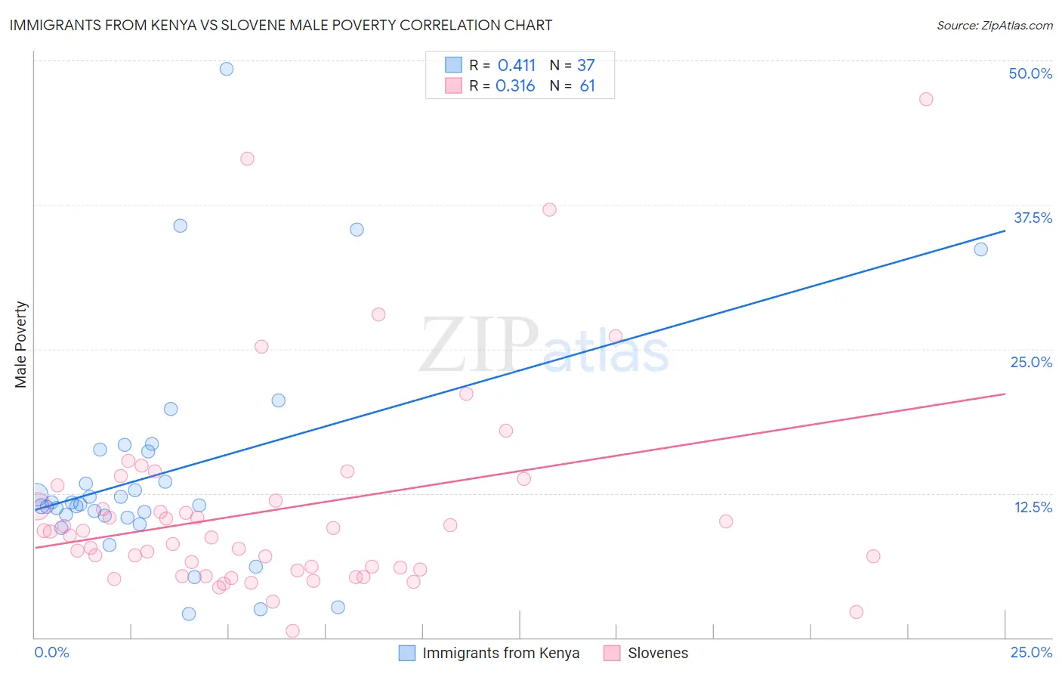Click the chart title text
pyautogui.click(x=280, y=25)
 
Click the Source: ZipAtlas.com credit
pyautogui.click(x=994, y=25)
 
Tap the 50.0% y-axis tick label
pyautogui.click(x=1030, y=73)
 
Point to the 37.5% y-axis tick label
pyautogui.click(x=1033, y=218)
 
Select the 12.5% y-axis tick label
pyautogui.click(x=1033, y=507)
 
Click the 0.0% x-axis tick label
pyautogui.click(x=51, y=652)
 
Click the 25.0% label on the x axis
pyautogui.click(x=1031, y=652)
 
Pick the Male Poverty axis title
pyautogui.click(x=20, y=345)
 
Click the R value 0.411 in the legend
pyautogui.click(x=516, y=65)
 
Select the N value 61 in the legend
pyautogui.click(x=587, y=86)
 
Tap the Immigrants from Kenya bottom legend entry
pyautogui.click(x=489, y=653)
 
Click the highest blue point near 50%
pyautogui.click(x=227, y=69)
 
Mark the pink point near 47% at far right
pyautogui.click(x=926, y=99)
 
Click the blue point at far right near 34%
pyautogui.click(x=980, y=249)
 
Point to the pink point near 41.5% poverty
pyautogui.click(x=247, y=159)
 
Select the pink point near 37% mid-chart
pyautogui.click(x=549, y=209)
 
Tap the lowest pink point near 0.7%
pyautogui.click(x=292, y=631)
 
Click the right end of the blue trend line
pyautogui.click(x=1005, y=230)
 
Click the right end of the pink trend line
pyautogui.click(x=1005, y=394)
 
